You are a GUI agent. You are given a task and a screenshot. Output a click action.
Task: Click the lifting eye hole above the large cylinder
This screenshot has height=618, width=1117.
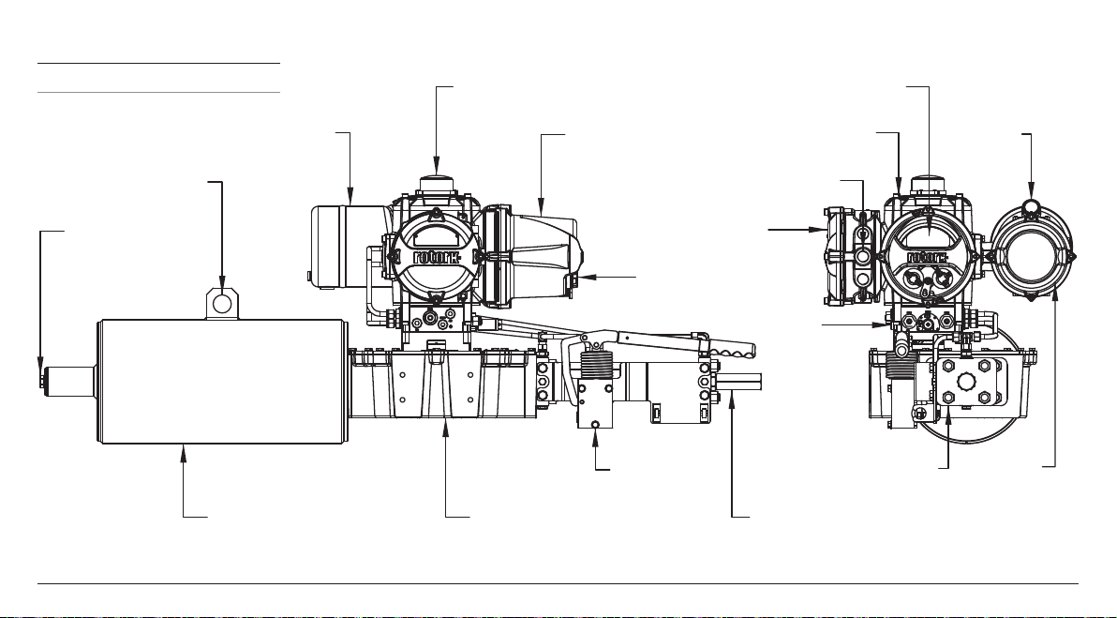coord(222,304)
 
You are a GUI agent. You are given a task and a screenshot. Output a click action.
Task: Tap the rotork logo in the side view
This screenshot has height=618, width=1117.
coord(437,256)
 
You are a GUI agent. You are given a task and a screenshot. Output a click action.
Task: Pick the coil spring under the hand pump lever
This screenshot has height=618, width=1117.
coord(596,366)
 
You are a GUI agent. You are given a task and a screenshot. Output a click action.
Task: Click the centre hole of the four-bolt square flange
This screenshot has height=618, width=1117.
coord(966,382)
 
